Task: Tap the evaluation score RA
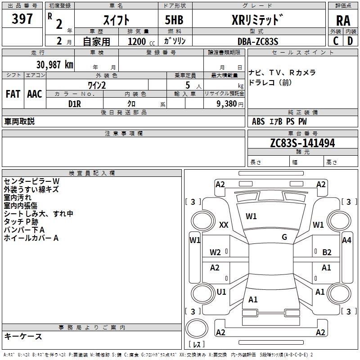[x=343, y=21]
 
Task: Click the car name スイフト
[x=116, y=20]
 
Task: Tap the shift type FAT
[x=13, y=94]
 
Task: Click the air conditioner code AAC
[x=35, y=94]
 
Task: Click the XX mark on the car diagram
[x=224, y=225]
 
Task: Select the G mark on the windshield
[x=284, y=237]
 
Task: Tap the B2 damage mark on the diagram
[x=327, y=252]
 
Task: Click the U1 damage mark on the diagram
[x=221, y=292]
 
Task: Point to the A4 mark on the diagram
[x=346, y=240]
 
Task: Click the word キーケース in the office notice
[x=23, y=337]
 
